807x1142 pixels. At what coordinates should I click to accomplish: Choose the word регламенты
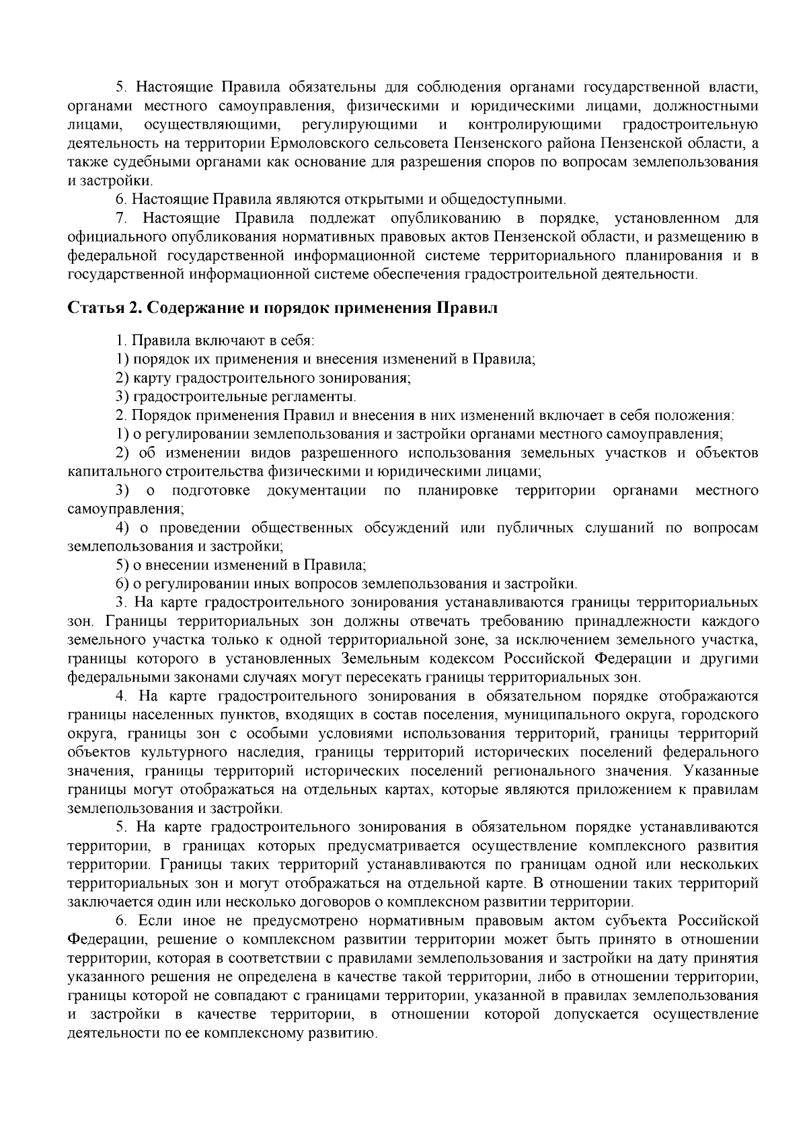[x=315, y=396]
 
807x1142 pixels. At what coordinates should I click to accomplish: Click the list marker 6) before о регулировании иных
[x=122, y=583]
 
